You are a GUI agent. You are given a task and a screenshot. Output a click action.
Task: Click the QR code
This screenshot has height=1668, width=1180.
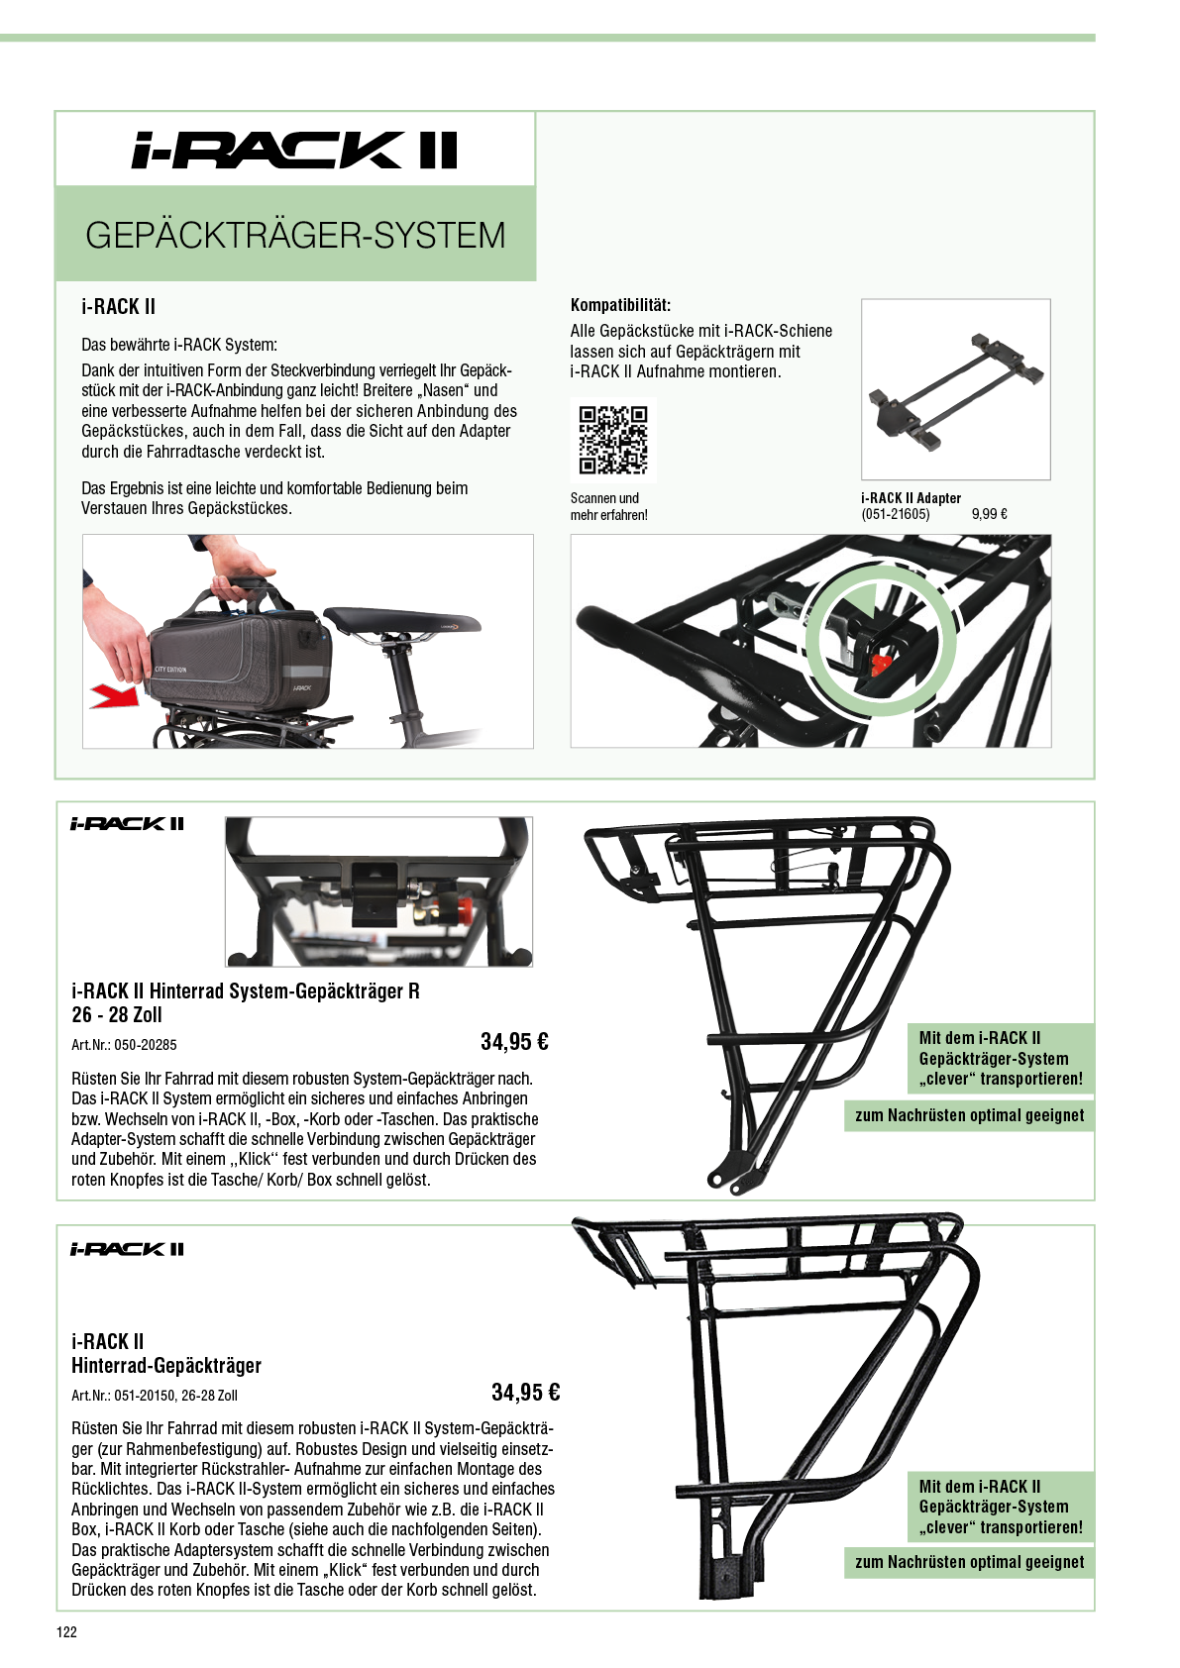tap(613, 440)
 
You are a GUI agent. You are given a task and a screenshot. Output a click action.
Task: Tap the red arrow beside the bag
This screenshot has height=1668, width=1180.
tap(115, 697)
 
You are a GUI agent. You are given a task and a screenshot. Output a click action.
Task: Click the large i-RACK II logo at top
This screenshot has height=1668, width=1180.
tap(294, 151)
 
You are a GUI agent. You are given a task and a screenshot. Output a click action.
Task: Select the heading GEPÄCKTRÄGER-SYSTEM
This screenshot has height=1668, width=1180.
tap(296, 236)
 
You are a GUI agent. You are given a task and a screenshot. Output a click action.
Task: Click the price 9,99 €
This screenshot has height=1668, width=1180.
tap(990, 514)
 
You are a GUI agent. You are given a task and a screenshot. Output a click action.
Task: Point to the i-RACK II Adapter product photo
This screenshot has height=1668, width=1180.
tap(956, 388)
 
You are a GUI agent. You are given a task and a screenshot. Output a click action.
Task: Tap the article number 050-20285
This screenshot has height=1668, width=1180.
tap(146, 1045)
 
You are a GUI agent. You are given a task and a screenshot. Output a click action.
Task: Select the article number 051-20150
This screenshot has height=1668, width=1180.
tap(146, 1396)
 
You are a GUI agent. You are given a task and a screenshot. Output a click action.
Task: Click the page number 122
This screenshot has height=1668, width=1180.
tap(67, 1632)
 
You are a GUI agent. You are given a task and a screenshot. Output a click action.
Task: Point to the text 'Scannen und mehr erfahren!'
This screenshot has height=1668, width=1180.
tap(608, 506)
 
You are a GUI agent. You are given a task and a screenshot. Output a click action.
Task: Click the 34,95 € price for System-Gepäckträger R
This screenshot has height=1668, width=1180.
tap(515, 1041)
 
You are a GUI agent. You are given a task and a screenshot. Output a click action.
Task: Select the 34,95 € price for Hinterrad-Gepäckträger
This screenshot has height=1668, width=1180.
tap(526, 1392)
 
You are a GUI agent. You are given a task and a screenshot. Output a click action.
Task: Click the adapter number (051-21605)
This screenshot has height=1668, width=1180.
tap(896, 514)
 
